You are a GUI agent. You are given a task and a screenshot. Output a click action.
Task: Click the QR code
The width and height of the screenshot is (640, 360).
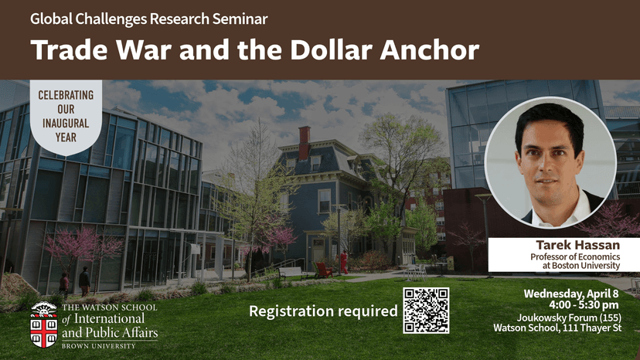[426, 310]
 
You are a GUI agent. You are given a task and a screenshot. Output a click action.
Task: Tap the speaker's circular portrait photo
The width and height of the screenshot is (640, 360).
[550, 162]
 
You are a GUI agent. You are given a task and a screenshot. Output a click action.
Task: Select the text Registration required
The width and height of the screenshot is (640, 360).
[323, 311]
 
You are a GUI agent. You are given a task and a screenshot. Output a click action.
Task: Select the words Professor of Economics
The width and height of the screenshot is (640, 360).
[584, 256]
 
